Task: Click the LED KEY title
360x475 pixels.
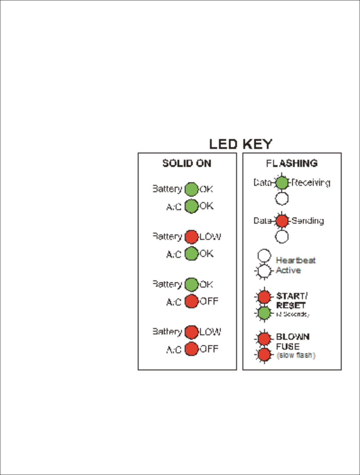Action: pyautogui.click(x=241, y=144)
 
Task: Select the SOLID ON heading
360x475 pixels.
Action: pyautogui.click(x=187, y=163)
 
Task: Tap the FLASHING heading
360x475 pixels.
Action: pyautogui.click(x=292, y=163)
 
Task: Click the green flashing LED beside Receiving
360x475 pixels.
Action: pyautogui.click(x=282, y=183)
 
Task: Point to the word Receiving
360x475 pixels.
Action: pyautogui.click(x=311, y=183)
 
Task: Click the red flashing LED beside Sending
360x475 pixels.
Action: pyautogui.click(x=282, y=221)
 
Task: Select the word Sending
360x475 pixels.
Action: pyautogui.click(x=308, y=221)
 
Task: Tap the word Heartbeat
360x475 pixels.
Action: pyautogui.click(x=296, y=260)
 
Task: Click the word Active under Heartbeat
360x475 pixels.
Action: pyautogui.click(x=288, y=270)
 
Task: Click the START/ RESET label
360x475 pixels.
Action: pyautogui.click(x=291, y=300)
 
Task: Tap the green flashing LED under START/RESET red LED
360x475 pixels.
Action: pyautogui.click(x=264, y=313)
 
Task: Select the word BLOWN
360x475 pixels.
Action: pyautogui.click(x=293, y=337)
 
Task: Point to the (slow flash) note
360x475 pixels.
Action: pyautogui.click(x=296, y=355)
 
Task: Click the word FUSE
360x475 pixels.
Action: pyautogui.click(x=288, y=346)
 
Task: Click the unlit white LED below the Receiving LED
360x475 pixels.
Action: pyautogui.click(x=282, y=199)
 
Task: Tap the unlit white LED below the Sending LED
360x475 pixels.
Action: pyautogui.click(x=282, y=237)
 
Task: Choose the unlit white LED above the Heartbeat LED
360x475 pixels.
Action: pyautogui.click(x=264, y=256)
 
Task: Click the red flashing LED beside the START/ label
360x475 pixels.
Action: pyautogui.click(x=264, y=297)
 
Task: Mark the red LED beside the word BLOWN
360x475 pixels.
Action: pyautogui.click(x=264, y=338)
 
